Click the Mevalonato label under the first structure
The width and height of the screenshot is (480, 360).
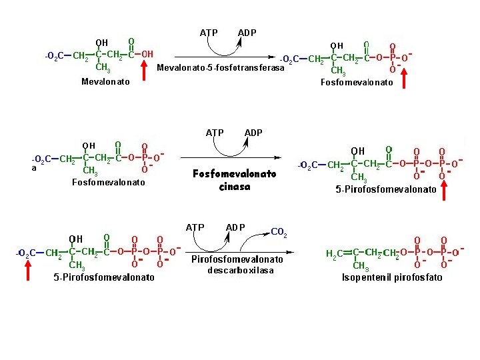pyautogui.click(x=105, y=82)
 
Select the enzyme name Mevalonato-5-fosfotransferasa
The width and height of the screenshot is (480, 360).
pyautogui.click(x=220, y=68)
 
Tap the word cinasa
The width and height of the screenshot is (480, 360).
pyautogui.click(x=235, y=187)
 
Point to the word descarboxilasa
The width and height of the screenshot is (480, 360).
pyautogui.click(x=241, y=271)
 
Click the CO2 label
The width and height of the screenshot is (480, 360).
pyautogui.click(x=279, y=233)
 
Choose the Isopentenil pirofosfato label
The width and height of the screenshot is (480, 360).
pyautogui.click(x=392, y=277)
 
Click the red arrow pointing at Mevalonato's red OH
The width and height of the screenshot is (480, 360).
pyautogui.click(x=145, y=70)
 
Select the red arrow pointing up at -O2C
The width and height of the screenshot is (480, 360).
pyautogui.click(x=28, y=272)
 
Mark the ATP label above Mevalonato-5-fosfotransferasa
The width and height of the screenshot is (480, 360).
pyautogui.click(x=209, y=33)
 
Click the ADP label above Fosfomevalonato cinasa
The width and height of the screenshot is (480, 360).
pyautogui.click(x=253, y=133)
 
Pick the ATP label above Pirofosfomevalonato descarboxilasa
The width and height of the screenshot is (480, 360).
pyautogui.click(x=195, y=227)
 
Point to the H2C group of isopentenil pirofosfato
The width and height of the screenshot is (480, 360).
pyautogui.click(x=335, y=253)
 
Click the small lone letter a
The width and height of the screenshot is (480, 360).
pyautogui.click(x=34, y=168)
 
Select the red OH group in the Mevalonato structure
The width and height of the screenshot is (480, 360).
pyautogui.click(x=147, y=54)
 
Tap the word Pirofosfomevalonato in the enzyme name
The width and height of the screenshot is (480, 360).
pyautogui.click(x=237, y=259)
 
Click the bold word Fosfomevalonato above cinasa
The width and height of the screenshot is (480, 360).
pyautogui.click(x=235, y=174)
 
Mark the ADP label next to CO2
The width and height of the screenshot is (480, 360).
pyautogui.click(x=235, y=227)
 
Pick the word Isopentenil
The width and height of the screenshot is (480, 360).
pyautogui.click(x=366, y=277)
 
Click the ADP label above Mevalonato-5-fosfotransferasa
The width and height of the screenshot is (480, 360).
pyautogui.click(x=247, y=33)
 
